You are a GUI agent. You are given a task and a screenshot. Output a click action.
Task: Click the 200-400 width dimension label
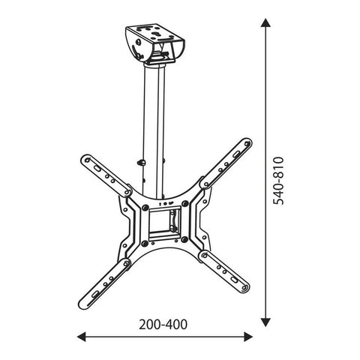(x=163, y=325)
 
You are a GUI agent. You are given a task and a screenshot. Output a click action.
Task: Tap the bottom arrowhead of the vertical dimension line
(x=263, y=321)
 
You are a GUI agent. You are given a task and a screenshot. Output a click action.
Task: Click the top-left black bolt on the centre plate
(x=142, y=204)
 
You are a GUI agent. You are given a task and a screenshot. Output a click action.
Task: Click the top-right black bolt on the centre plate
(x=182, y=203)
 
